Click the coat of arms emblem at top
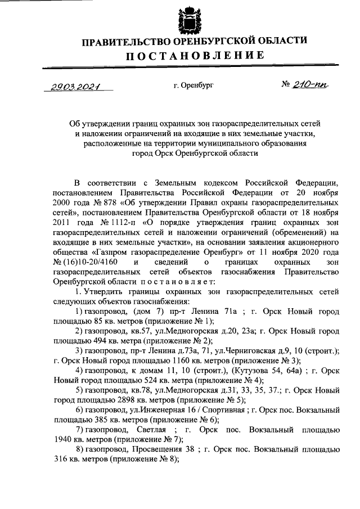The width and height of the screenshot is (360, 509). (186, 19)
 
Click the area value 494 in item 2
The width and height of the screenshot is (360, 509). (85, 340)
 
